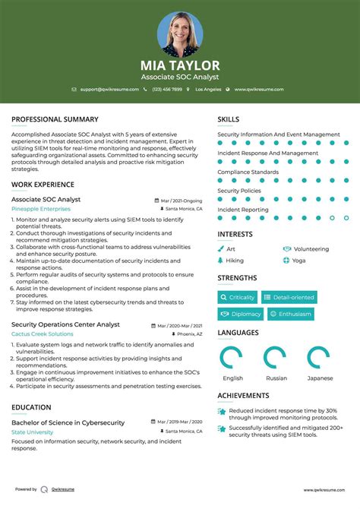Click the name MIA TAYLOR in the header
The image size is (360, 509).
click(180, 65)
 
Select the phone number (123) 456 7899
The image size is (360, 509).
click(166, 89)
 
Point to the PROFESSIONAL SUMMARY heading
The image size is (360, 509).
click(55, 119)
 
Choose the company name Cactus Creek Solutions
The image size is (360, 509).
click(43, 334)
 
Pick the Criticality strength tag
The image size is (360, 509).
click(238, 297)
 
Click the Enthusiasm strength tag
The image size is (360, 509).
click(291, 314)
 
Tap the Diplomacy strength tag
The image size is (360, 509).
click(242, 314)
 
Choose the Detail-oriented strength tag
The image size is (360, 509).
click(289, 297)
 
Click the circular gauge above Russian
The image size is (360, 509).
click(275, 357)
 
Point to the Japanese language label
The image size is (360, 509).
click(320, 378)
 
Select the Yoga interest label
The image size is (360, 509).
click(298, 260)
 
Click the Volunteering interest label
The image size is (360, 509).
click(311, 248)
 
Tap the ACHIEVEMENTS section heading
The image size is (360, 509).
click(243, 396)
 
